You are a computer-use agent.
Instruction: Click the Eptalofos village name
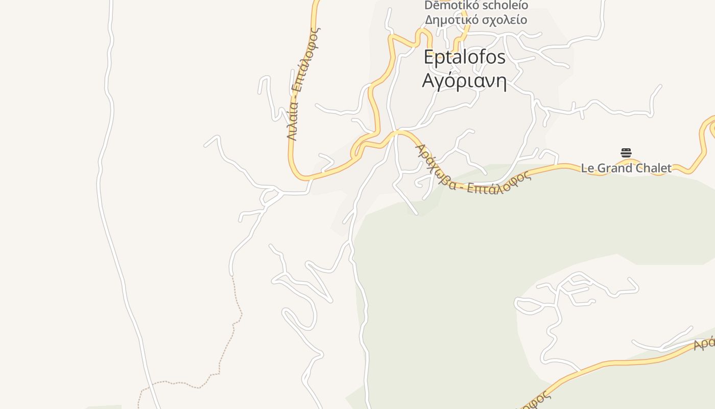464,57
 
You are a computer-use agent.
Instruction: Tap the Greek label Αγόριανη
464,81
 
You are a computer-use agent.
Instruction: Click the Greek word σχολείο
503,20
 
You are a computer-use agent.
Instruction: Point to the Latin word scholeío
503,6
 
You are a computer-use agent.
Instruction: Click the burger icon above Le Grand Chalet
626,153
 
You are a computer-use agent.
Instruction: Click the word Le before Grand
587,168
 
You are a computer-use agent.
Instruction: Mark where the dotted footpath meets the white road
231,276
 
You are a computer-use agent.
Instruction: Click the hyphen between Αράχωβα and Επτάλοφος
461,187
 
